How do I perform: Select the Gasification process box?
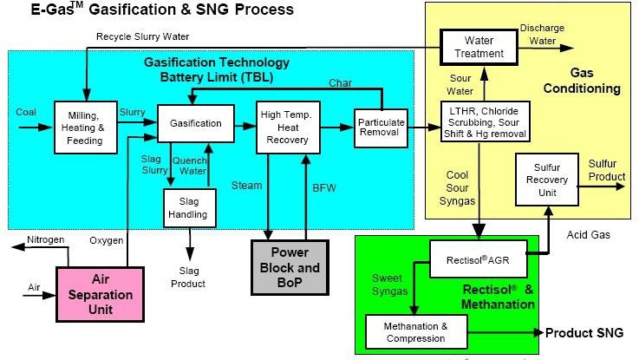click(196, 123)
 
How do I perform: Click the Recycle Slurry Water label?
click(142, 36)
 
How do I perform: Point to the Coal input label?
click(27, 112)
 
